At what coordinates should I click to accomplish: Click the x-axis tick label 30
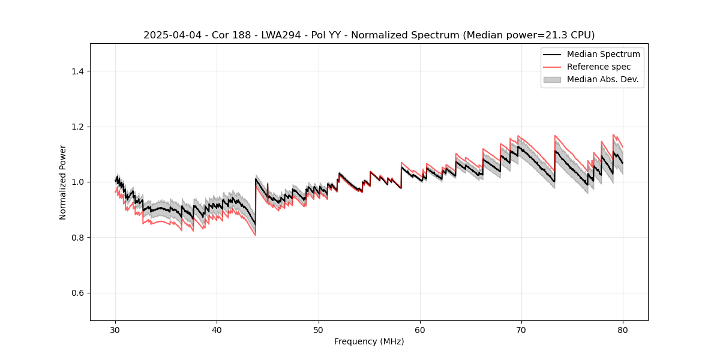coord(116,330)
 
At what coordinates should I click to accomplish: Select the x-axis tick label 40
coord(217,330)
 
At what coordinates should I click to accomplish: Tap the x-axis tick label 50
coord(319,330)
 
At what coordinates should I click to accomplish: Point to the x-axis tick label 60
coord(420,330)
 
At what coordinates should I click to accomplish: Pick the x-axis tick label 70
coord(521,330)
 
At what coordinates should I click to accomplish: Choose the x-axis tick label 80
coord(623,330)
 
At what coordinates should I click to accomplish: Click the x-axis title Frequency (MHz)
coord(369,341)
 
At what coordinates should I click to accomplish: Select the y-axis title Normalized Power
coord(63,182)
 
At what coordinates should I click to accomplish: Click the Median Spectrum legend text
coord(603,54)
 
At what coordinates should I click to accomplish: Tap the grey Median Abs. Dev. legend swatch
coord(552,79)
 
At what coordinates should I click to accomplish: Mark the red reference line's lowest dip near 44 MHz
coord(255,235)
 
